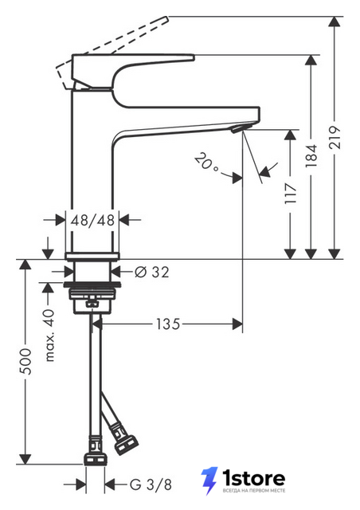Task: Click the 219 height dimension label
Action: [x=335, y=138]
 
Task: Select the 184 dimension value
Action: [x=311, y=156]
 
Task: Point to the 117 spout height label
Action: [x=290, y=194]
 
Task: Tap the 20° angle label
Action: [x=205, y=162]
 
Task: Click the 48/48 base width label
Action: [x=92, y=220]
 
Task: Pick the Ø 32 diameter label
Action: [x=152, y=272]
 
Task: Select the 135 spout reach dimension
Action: [x=168, y=324]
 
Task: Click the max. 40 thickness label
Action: [x=49, y=335]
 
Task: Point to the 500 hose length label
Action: [x=25, y=361]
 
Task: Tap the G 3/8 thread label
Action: [x=151, y=484]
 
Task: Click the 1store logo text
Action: [x=253, y=478]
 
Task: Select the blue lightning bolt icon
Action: [x=209, y=481]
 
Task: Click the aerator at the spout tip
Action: [x=237, y=129]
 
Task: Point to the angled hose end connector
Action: [x=126, y=441]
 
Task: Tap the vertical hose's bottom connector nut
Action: [x=96, y=459]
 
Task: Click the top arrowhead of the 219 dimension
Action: [x=335, y=22]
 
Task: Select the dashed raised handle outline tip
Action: [x=167, y=18]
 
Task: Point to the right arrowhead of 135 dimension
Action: [x=237, y=324]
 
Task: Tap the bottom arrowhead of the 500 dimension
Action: [x=25, y=459]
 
